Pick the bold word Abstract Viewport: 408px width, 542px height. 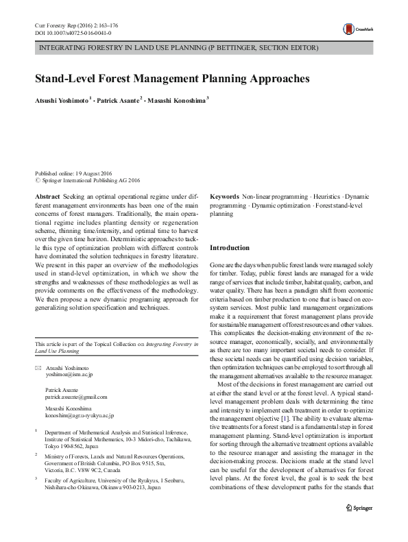[47, 196]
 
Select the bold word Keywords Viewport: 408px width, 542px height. [224, 196]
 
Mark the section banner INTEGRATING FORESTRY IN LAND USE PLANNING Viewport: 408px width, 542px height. [178, 49]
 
